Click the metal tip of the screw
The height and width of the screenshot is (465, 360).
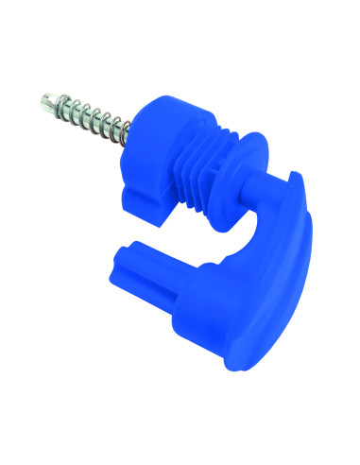point(47,96)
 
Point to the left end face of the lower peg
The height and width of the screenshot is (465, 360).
point(124,255)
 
